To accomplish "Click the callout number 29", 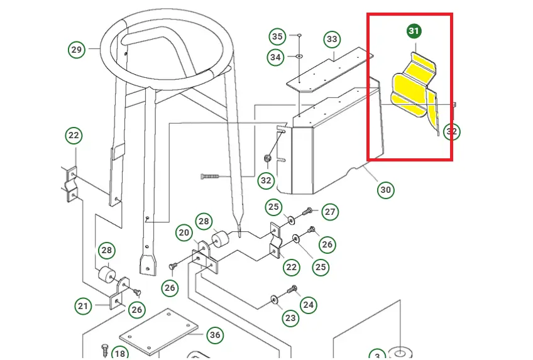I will coord(76,49).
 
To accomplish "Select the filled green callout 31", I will coord(414,31).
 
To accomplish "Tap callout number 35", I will coord(278,35).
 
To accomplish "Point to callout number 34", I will coord(275,57).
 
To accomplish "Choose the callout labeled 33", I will coord(332,40).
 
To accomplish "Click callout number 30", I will coord(385,189).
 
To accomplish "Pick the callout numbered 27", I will coord(331,212).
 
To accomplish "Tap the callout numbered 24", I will coord(308,305).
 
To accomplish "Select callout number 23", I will coord(290,319).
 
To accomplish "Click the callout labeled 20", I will coord(184,232).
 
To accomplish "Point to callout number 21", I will coord(84,307).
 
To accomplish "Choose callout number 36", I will coord(215,335).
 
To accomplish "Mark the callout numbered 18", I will coord(119,354).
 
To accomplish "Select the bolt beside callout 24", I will coord(291,290).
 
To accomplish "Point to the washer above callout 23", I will coord(274,297).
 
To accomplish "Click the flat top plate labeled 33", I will coord(327,71).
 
